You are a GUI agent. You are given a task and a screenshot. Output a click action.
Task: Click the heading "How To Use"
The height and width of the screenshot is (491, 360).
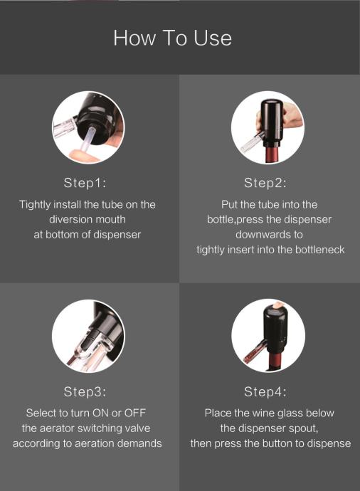(x=172, y=38)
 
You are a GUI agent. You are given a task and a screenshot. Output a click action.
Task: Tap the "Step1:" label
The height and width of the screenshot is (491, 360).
(x=85, y=183)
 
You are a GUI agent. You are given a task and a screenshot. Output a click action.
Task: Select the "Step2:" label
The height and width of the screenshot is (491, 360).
(x=265, y=183)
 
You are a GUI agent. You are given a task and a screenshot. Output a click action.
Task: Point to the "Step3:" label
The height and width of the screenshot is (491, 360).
(x=85, y=391)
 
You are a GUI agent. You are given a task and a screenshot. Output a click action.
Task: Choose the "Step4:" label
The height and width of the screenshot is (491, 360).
(x=265, y=391)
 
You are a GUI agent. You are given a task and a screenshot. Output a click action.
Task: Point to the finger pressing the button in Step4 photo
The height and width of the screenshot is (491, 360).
(x=277, y=305)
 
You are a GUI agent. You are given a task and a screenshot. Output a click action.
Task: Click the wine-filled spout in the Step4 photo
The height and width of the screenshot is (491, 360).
(x=253, y=354)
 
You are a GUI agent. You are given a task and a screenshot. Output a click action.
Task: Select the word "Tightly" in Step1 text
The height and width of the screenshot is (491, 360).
(x=35, y=205)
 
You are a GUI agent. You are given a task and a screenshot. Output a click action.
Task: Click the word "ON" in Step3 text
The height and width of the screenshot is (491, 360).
(x=101, y=413)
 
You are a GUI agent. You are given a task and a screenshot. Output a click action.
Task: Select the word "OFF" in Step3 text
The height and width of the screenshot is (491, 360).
(x=135, y=413)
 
